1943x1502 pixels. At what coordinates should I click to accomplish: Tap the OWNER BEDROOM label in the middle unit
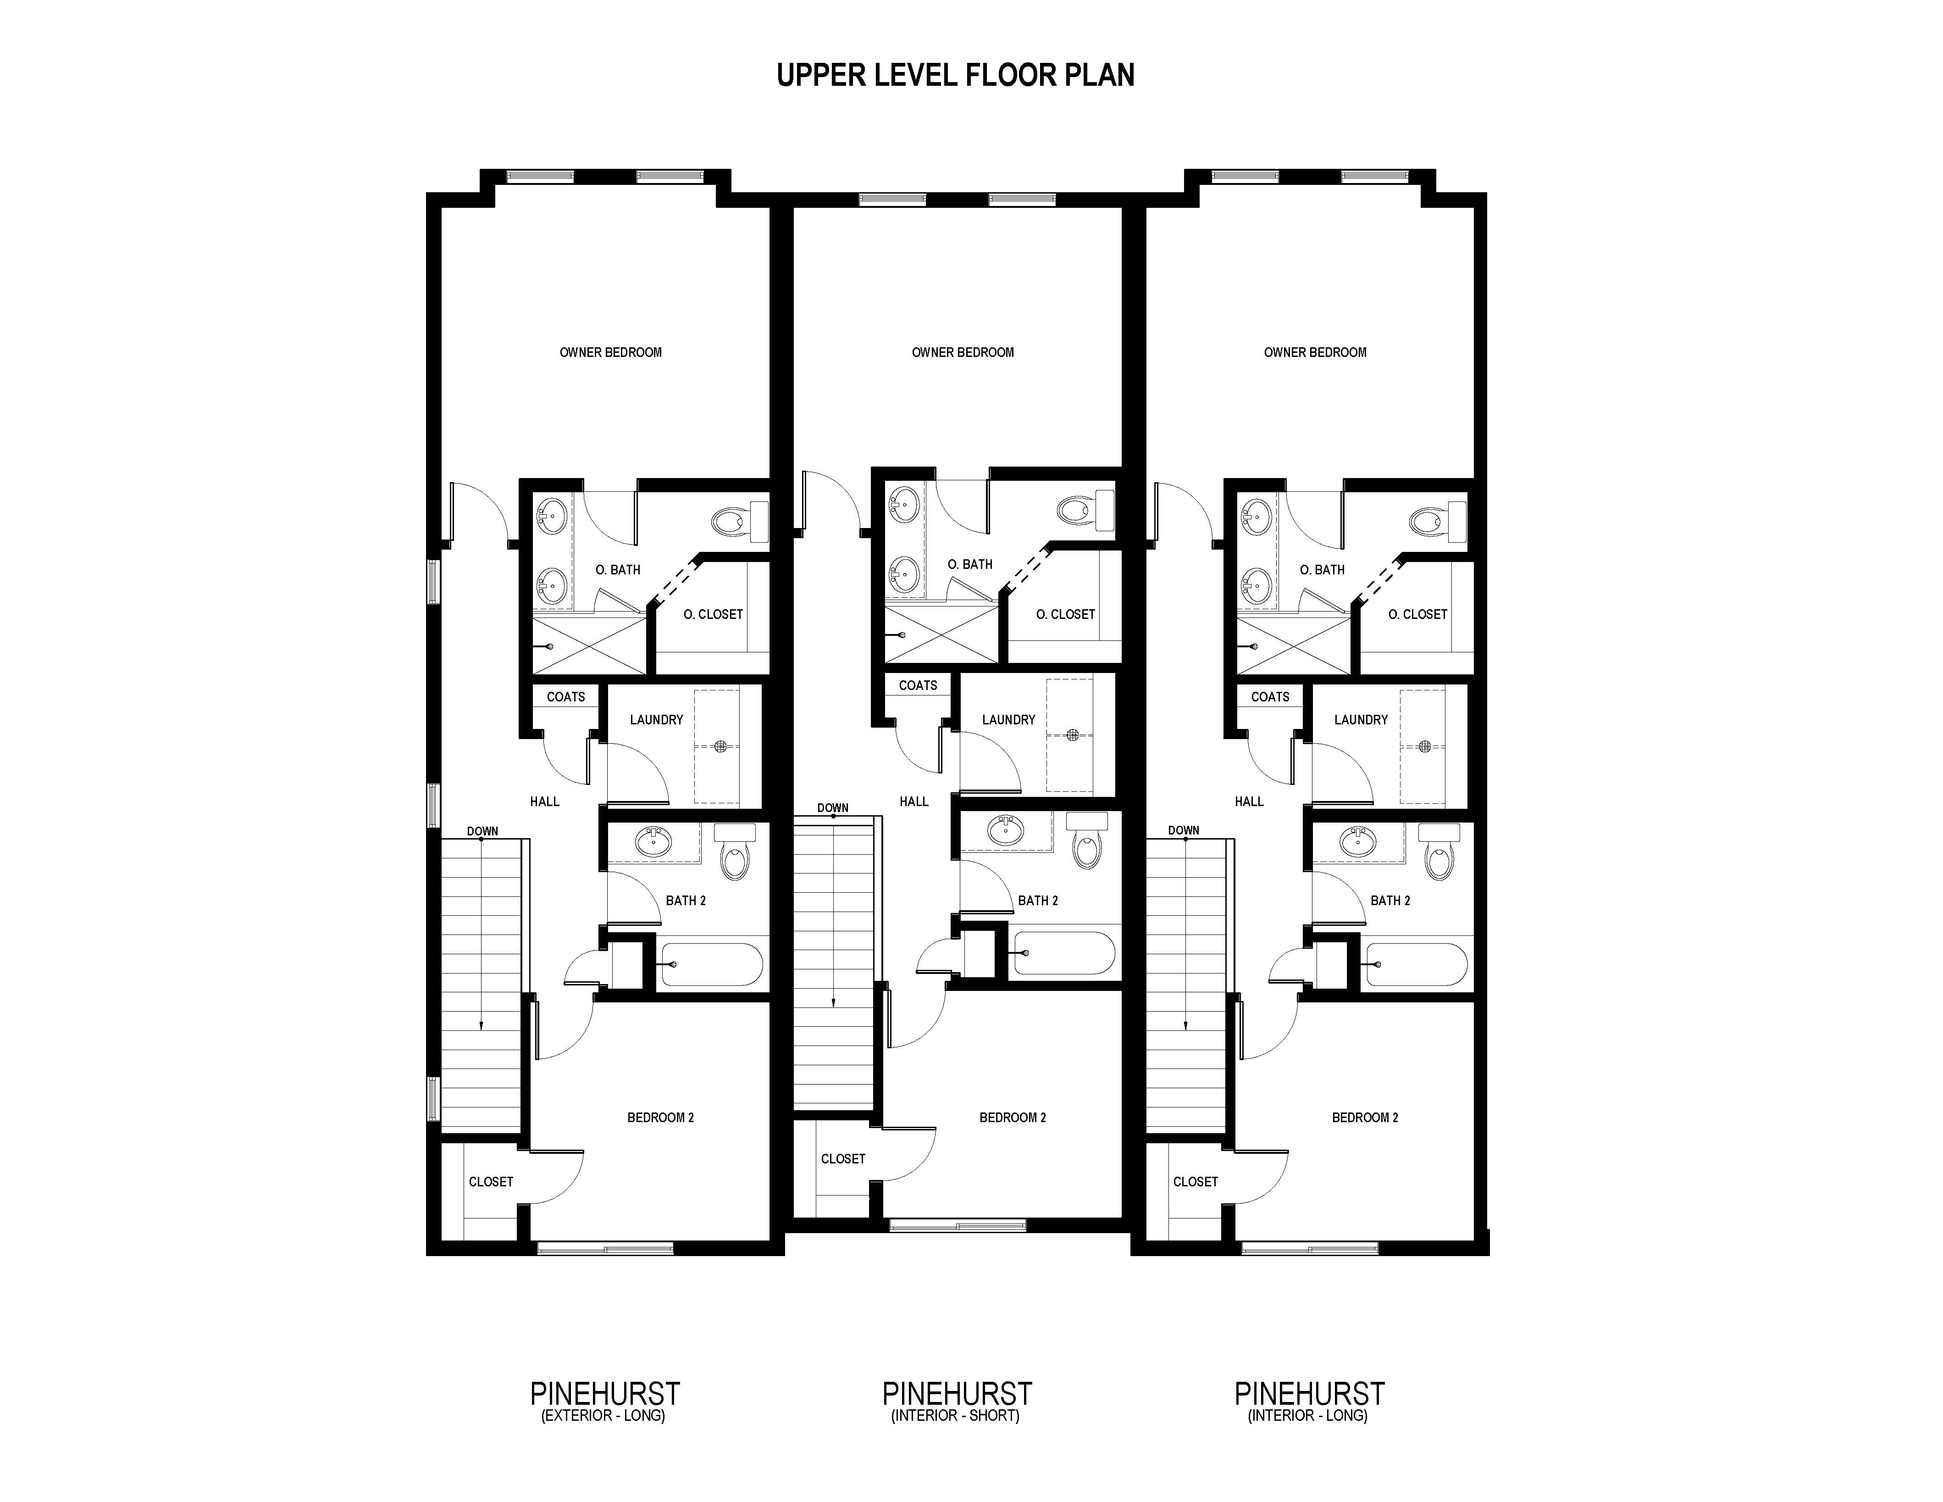click(963, 352)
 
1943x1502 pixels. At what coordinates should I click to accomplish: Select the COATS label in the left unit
click(566, 697)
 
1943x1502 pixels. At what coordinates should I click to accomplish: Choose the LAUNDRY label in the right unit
click(1361, 720)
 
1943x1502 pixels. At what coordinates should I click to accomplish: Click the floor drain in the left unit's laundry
click(720, 745)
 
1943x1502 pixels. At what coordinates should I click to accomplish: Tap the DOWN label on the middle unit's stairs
click(833, 808)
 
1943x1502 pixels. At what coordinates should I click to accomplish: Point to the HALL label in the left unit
click(544, 802)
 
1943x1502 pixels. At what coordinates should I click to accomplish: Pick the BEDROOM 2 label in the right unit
click(1365, 1118)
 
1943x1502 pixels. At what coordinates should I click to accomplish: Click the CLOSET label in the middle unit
click(842, 1158)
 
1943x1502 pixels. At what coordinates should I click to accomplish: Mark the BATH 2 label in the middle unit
click(1038, 901)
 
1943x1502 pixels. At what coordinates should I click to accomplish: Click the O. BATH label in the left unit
click(617, 569)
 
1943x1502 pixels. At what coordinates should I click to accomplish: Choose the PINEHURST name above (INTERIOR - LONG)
click(1310, 1393)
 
